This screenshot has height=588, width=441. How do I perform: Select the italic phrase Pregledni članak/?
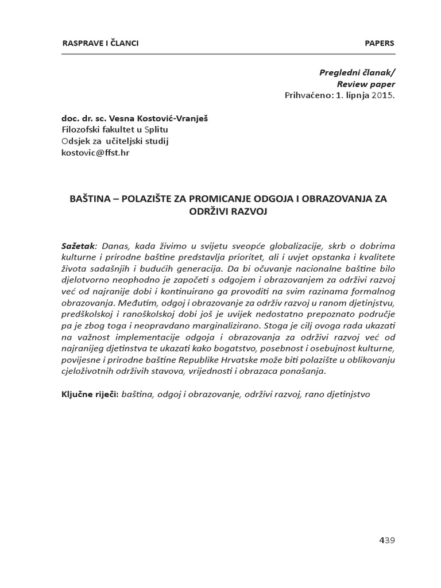point(357,73)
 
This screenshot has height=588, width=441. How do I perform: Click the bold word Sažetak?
point(78,246)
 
